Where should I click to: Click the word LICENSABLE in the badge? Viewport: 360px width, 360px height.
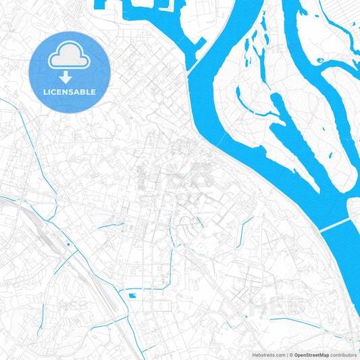coord(70,92)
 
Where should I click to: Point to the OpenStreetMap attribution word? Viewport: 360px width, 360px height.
coord(311,355)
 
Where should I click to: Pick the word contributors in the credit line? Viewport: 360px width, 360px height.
coord(344,355)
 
